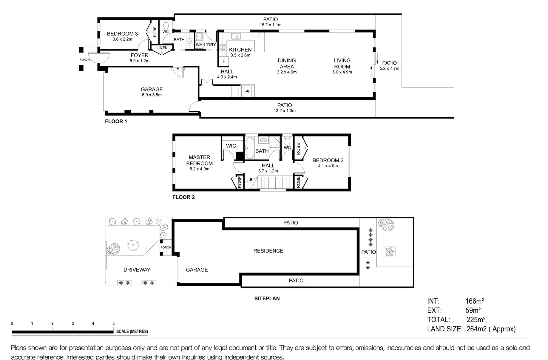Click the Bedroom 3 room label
coord(122,34)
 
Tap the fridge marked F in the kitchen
coord(224,61)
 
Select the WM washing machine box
coord(199,45)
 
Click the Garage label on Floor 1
coord(152,89)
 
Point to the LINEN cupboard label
coord(162,48)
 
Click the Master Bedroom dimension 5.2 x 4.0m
coord(199,169)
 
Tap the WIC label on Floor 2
coord(231,146)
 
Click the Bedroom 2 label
coord(328,160)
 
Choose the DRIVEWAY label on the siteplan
coord(137,270)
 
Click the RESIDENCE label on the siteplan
coord(268,251)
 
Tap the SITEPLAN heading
coord(267,299)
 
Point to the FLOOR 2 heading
coord(183,197)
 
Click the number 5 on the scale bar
coord(113,324)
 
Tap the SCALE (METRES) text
coord(132,331)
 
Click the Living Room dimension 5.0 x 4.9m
coord(342,72)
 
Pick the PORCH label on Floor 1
coord(85,60)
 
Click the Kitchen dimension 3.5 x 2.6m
coord(240,55)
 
